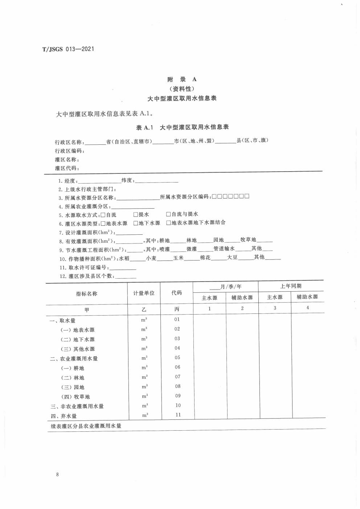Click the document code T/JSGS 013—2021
point(68,49)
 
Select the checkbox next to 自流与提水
point(168,214)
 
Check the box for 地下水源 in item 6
point(136,223)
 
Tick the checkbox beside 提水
point(136,214)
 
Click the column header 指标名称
point(86,294)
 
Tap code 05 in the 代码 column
point(177,358)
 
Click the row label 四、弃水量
point(64,416)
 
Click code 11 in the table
point(178,415)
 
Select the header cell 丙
point(177,309)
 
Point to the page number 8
point(57,474)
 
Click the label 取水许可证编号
point(88,268)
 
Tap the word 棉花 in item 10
point(205,258)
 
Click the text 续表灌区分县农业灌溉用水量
point(86,426)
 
